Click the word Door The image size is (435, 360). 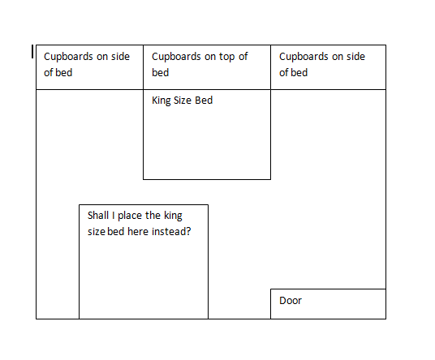[x=291, y=301]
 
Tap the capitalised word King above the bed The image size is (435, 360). [x=162, y=101]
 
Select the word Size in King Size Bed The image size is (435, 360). [x=183, y=101]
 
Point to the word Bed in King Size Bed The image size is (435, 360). [x=204, y=101]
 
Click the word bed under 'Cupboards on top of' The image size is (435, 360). [x=161, y=73]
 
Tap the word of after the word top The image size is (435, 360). [x=243, y=57]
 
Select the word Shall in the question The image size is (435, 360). [x=98, y=216]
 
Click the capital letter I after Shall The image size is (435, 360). [x=113, y=216]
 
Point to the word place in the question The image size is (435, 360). [x=130, y=216]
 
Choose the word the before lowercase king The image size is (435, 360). [x=153, y=216]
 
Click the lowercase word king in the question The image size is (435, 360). [x=173, y=216]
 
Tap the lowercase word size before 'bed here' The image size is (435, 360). [x=97, y=232]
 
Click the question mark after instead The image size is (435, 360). [x=188, y=231]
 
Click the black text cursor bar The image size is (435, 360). [x=32, y=52]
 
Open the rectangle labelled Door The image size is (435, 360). [x=328, y=304]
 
